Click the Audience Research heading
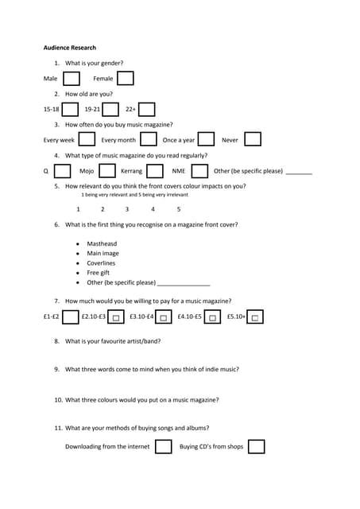coord(69,48)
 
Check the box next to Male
coord(72,79)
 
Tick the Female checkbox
coord(125,78)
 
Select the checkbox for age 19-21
coord(110,109)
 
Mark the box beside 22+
coord(146,109)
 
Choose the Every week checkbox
coord(87,139)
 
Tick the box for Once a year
coord(206,139)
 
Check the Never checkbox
coord(253,139)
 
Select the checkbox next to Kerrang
coord(155,170)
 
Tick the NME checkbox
coord(199,170)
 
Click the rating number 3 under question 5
coord(127,209)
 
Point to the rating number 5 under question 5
coord(179,209)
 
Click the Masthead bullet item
coord(102,243)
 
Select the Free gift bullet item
coord(99,273)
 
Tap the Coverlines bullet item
coord(101,263)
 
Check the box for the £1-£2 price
coord(70,317)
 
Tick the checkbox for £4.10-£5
coord(213,317)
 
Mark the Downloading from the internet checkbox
coord(163,446)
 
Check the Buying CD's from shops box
coord(256,446)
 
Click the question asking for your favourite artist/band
coord(113,341)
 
